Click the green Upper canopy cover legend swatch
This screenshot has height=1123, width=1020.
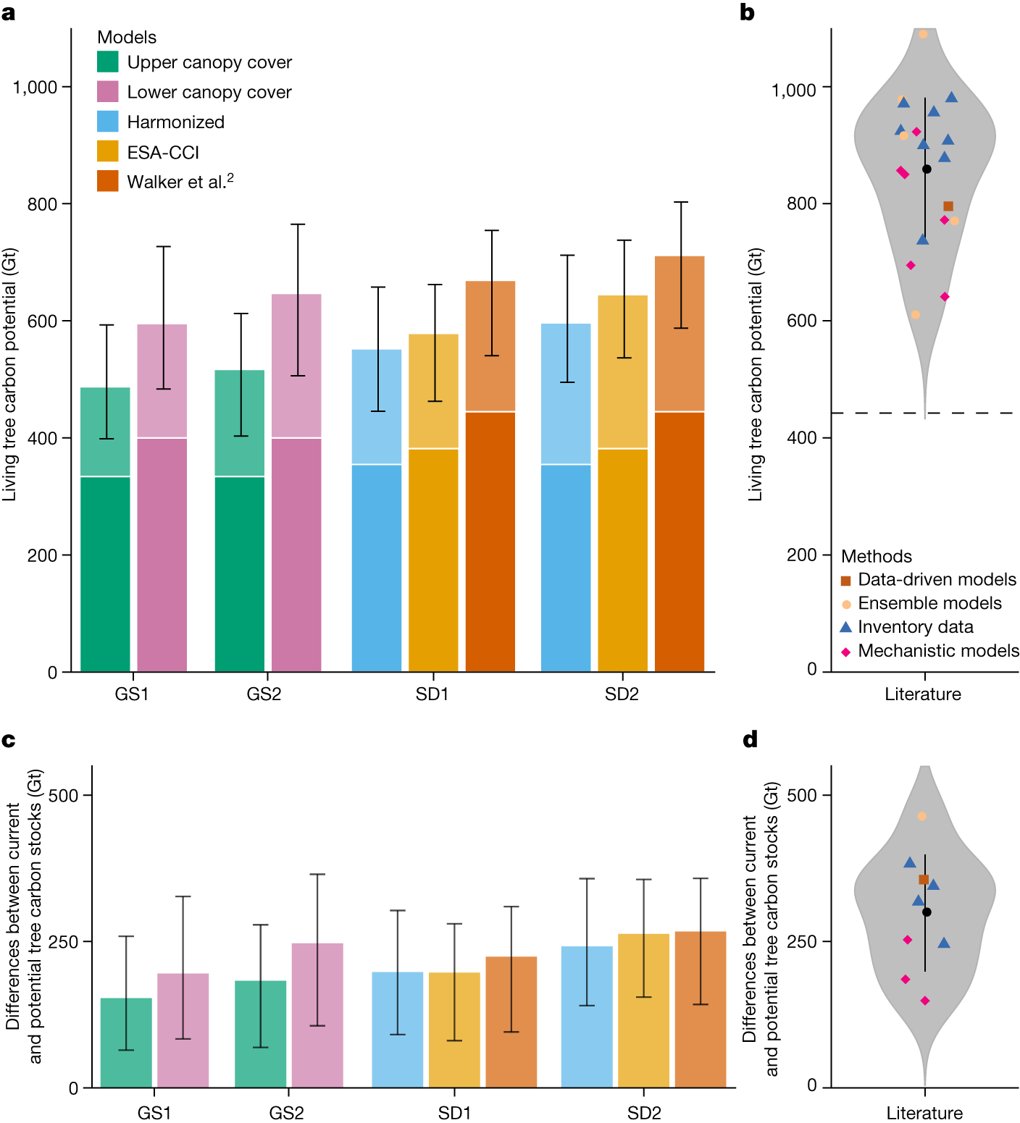click(x=107, y=62)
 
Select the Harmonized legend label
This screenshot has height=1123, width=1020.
click(x=175, y=122)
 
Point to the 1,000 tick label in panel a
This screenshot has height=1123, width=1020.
click(x=35, y=87)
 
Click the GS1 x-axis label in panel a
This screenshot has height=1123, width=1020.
click(x=132, y=694)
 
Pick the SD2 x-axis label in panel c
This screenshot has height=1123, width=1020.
click(x=643, y=1112)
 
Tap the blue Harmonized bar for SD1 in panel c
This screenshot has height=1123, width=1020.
click(x=397, y=1029)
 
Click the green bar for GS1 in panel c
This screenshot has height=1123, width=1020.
click(x=126, y=1042)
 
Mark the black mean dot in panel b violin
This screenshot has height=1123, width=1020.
click(x=927, y=169)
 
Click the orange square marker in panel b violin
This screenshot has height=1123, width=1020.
click(x=948, y=206)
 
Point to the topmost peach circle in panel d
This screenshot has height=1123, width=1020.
click(x=921, y=816)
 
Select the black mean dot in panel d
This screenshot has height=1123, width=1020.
click(x=927, y=912)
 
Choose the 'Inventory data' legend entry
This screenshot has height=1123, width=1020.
click(x=915, y=626)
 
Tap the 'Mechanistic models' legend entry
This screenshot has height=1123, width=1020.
click(x=937, y=650)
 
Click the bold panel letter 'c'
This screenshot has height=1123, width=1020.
click(x=9, y=739)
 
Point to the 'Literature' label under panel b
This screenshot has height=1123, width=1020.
click(x=922, y=694)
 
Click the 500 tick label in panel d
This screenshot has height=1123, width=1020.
click(x=801, y=794)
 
